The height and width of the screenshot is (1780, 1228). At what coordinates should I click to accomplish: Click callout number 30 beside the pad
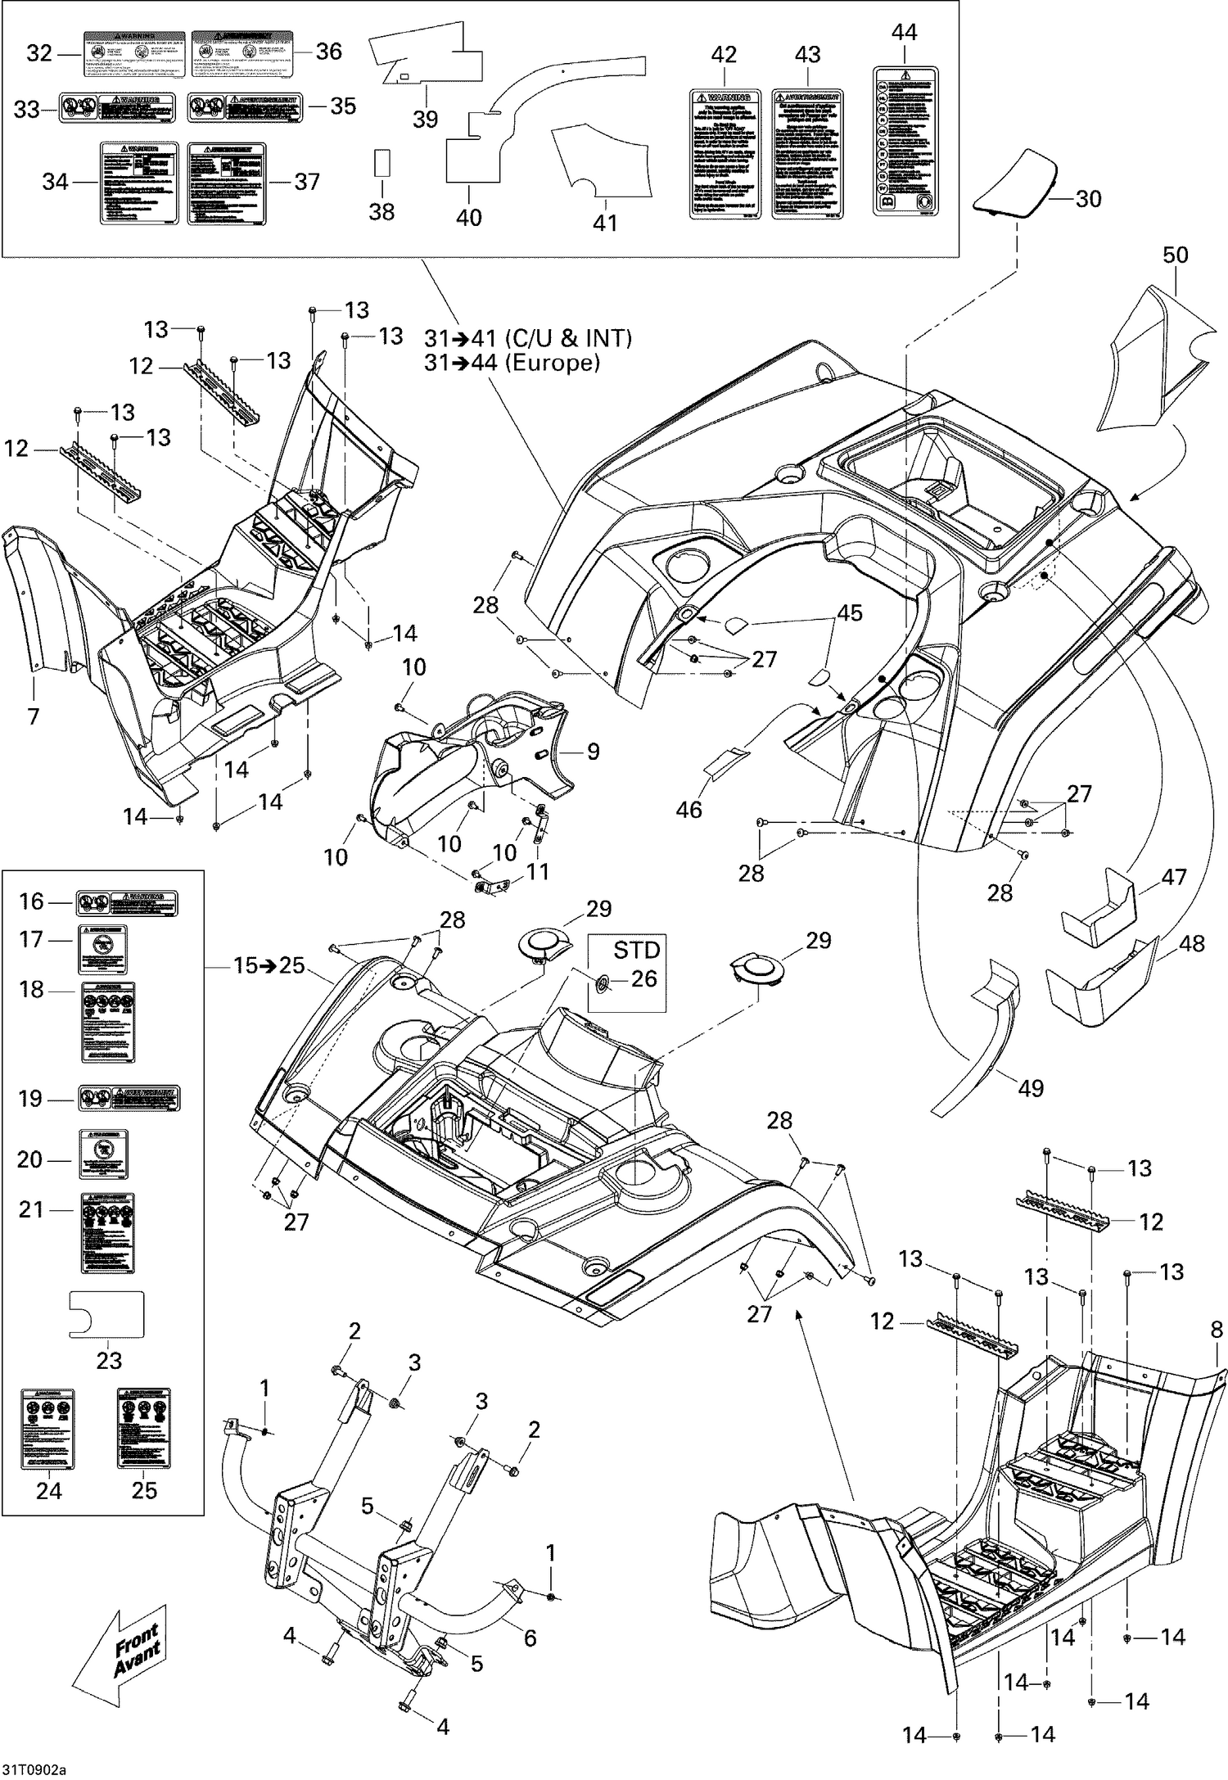(1087, 199)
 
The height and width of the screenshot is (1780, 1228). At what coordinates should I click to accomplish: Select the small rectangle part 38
(382, 162)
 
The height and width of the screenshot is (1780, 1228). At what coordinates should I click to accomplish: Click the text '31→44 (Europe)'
(512, 363)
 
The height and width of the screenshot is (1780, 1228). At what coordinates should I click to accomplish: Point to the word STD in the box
(636, 950)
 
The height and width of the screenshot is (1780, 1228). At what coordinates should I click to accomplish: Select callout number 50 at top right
(1175, 255)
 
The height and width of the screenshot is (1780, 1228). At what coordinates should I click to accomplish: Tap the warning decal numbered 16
(127, 902)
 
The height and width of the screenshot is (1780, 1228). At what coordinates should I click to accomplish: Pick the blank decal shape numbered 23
(107, 1314)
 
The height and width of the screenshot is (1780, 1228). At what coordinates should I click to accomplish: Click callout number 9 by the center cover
(593, 751)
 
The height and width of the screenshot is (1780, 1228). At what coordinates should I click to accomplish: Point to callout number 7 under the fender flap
(33, 716)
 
